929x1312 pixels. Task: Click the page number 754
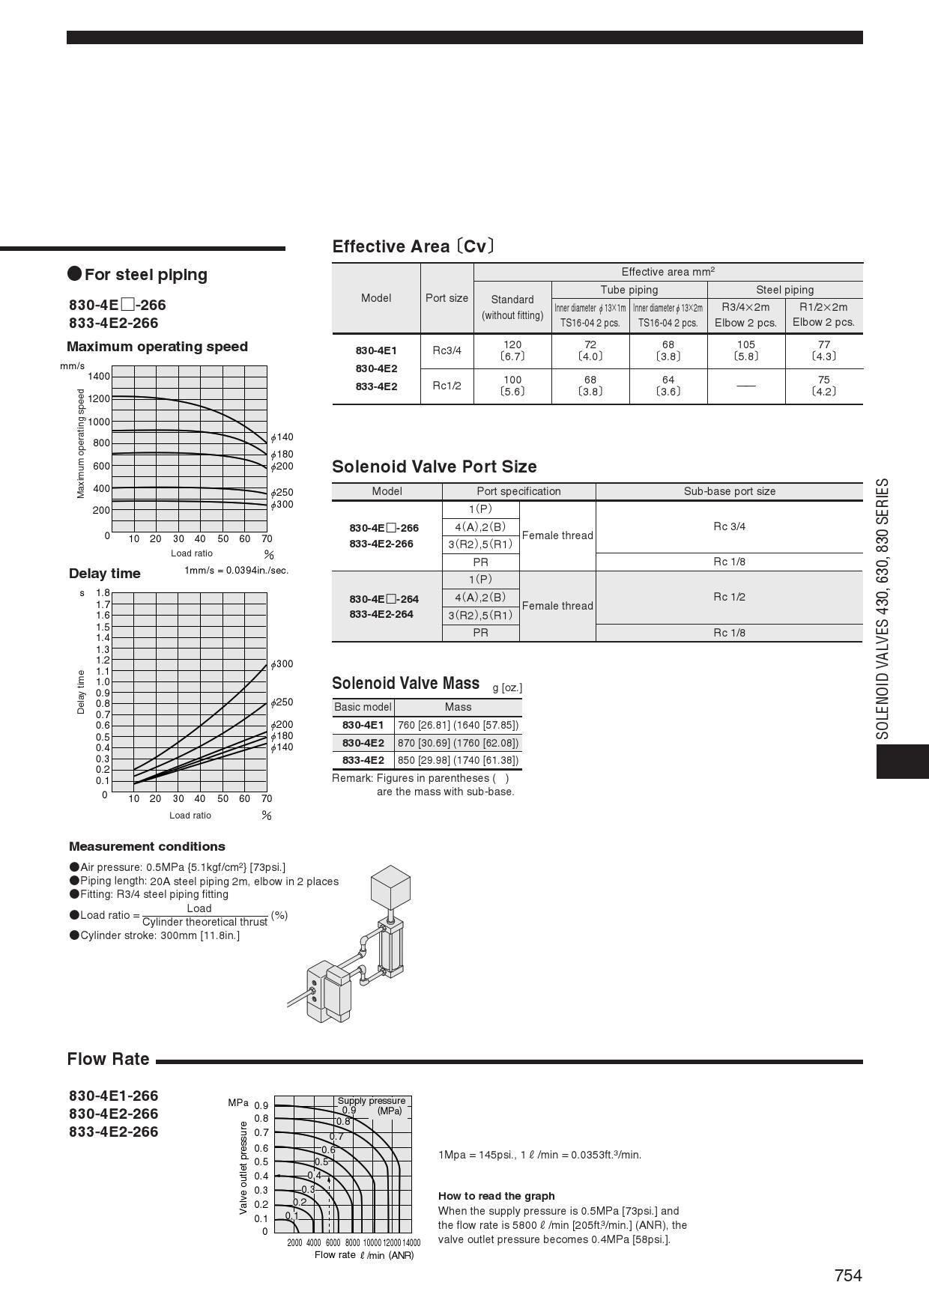click(848, 1275)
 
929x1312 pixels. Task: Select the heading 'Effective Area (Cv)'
click(413, 246)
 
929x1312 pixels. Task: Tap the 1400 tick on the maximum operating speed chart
click(99, 376)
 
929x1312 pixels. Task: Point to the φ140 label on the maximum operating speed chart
click(282, 437)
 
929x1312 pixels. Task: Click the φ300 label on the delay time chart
click(282, 664)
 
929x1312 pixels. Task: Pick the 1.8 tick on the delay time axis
click(103, 593)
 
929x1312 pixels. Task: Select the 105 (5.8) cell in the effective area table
click(746, 350)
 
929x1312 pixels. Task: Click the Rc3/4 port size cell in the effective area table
click(447, 350)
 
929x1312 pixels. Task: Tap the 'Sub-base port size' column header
click(729, 491)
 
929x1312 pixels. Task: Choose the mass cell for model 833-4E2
click(458, 760)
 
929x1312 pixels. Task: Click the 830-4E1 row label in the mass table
click(363, 725)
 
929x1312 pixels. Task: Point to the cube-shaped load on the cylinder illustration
click(390, 884)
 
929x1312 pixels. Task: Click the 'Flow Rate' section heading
click(108, 1059)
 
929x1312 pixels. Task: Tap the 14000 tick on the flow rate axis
click(411, 1242)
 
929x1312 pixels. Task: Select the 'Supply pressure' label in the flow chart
click(371, 1101)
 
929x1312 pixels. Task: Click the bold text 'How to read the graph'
click(496, 1196)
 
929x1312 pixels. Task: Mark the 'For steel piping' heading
click(145, 274)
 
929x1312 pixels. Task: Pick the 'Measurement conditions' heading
click(147, 846)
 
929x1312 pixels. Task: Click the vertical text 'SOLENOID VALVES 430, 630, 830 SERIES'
click(883, 609)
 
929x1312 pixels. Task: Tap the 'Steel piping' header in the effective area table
click(784, 290)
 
